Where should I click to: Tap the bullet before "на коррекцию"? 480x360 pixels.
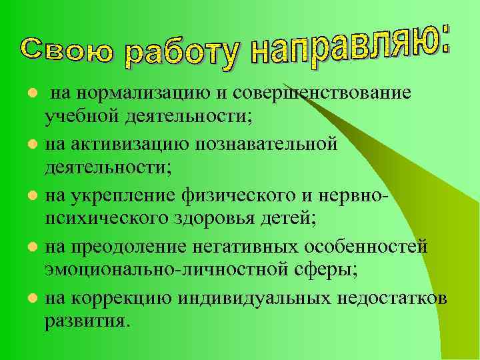30,299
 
